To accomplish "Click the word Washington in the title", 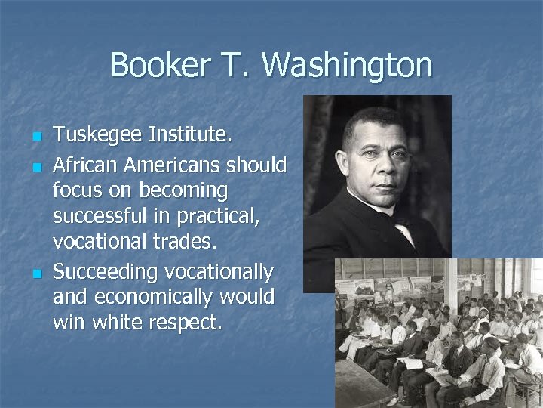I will pos(348,66).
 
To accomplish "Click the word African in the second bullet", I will pos(84,164).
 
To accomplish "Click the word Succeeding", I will pos(102,270).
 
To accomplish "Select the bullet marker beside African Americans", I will pos(36,165).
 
